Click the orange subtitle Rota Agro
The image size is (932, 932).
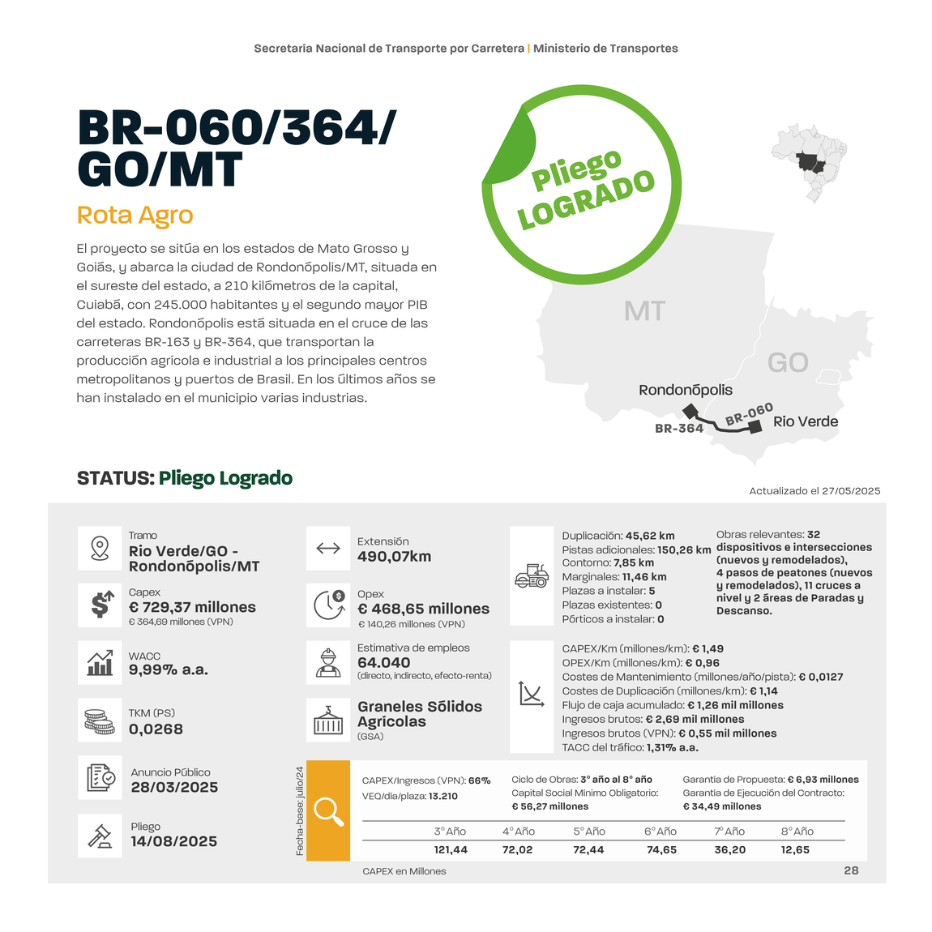[x=135, y=216]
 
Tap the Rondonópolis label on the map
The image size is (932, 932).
[x=685, y=390]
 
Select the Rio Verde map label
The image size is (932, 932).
[x=806, y=421]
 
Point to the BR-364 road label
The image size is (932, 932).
[x=678, y=429]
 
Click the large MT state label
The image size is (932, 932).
[x=644, y=311]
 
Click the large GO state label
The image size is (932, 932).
[x=788, y=362]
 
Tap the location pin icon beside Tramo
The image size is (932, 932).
[x=100, y=549]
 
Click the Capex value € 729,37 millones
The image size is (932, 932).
[x=192, y=607]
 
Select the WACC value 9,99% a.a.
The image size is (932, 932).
[x=169, y=670]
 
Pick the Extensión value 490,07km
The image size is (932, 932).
[x=394, y=557]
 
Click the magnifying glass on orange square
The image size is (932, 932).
[x=328, y=810]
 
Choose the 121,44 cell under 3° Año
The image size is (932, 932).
[x=451, y=849]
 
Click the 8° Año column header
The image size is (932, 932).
[x=797, y=832]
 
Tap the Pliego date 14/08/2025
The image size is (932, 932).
[x=174, y=841]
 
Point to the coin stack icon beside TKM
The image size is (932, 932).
[x=100, y=720]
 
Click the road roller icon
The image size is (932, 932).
[x=532, y=576]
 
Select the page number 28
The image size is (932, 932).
[x=851, y=870]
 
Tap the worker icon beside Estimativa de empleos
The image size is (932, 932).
[x=328, y=663]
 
